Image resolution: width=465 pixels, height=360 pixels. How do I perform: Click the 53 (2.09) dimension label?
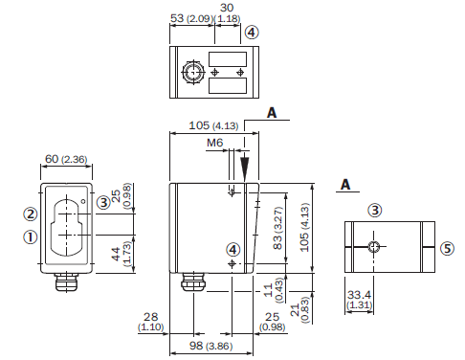tap(191, 18)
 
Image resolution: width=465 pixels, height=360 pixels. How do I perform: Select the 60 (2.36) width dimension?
tap(66, 159)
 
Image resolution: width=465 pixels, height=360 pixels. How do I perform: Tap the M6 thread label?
tap(214, 143)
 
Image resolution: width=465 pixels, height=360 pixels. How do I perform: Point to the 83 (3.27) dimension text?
tap(278, 228)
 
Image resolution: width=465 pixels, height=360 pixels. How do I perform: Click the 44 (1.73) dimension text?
tap(122, 254)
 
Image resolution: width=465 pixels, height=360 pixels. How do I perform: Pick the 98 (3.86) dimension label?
tap(210, 346)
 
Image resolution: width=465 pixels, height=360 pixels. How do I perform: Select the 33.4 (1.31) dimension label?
tap(359, 299)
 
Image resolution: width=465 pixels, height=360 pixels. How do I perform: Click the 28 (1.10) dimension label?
tap(150, 322)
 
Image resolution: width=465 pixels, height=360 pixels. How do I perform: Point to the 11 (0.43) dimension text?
tap(274, 290)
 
